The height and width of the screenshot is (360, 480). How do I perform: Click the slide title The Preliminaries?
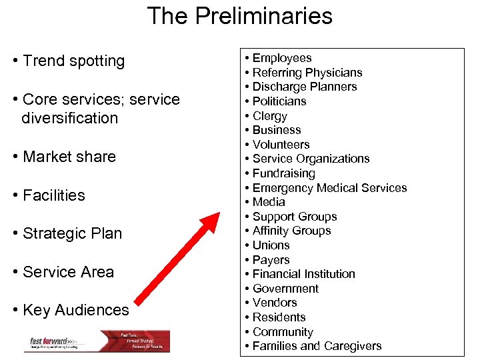(239, 16)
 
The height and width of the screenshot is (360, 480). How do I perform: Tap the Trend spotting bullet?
(73, 61)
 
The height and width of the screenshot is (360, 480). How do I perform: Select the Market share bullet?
(69, 157)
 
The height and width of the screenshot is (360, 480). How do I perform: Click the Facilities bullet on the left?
(53, 195)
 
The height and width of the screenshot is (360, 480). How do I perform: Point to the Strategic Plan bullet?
(72, 233)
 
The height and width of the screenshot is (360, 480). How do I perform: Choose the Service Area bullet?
(68, 272)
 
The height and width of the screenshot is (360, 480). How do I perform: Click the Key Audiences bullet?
(75, 310)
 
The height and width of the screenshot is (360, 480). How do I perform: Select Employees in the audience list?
(282, 58)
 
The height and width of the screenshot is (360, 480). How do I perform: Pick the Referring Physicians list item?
(307, 73)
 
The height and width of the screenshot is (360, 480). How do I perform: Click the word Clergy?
(269, 116)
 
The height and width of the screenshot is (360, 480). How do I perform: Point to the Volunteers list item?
(281, 145)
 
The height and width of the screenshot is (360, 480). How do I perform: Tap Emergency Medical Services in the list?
(329, 188)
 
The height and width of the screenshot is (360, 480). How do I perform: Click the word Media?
(269, 202)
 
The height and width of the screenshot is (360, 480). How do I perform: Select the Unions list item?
(271, 245)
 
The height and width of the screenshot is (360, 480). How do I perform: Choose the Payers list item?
(271, 260)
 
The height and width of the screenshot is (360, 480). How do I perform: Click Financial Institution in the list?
(303, 274)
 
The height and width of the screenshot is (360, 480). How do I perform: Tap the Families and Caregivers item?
(317, 346)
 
